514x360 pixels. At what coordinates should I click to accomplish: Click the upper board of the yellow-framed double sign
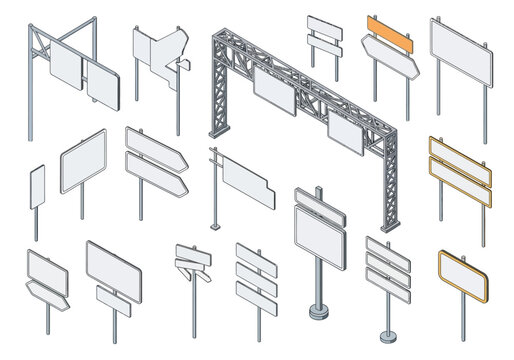coord(459,156)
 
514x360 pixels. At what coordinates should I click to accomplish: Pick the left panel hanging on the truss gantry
coord(273,88)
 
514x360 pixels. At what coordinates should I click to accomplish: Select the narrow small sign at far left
coord(37,187)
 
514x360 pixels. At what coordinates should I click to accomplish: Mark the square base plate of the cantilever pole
coord(213,226)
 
